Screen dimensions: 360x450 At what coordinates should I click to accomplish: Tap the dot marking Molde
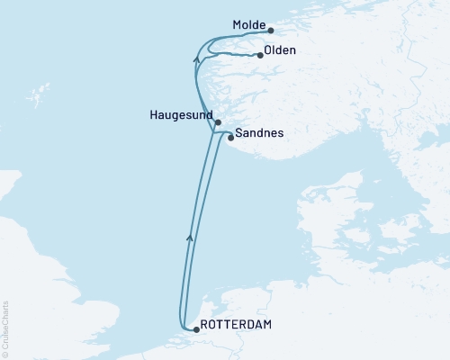272,30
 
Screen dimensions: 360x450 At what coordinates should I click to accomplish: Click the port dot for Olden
260,56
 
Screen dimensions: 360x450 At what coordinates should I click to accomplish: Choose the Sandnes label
259,134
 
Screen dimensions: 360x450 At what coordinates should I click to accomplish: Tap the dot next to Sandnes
231,138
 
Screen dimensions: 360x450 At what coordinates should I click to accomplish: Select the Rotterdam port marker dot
197,330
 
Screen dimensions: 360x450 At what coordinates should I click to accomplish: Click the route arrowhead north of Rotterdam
189,237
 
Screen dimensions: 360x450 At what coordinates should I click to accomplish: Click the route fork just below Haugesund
213,132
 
